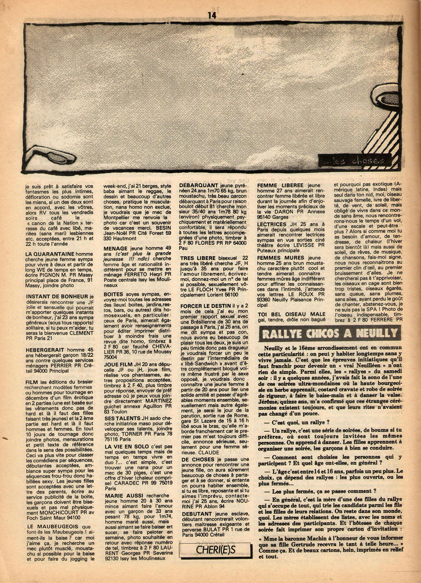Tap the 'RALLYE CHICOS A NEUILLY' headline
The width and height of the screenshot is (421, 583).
pyautogui.click(x=328, y=334)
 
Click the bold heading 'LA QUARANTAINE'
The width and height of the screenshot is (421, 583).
pyautogui.click(x=50, y=254)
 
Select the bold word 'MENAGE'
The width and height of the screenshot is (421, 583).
pyautogui.click(x=116, y=249)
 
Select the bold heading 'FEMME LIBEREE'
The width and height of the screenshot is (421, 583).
pyautogui.click(x=280, y=186)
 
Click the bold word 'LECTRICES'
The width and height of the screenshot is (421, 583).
pyautogui.click(x=272, y=225)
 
